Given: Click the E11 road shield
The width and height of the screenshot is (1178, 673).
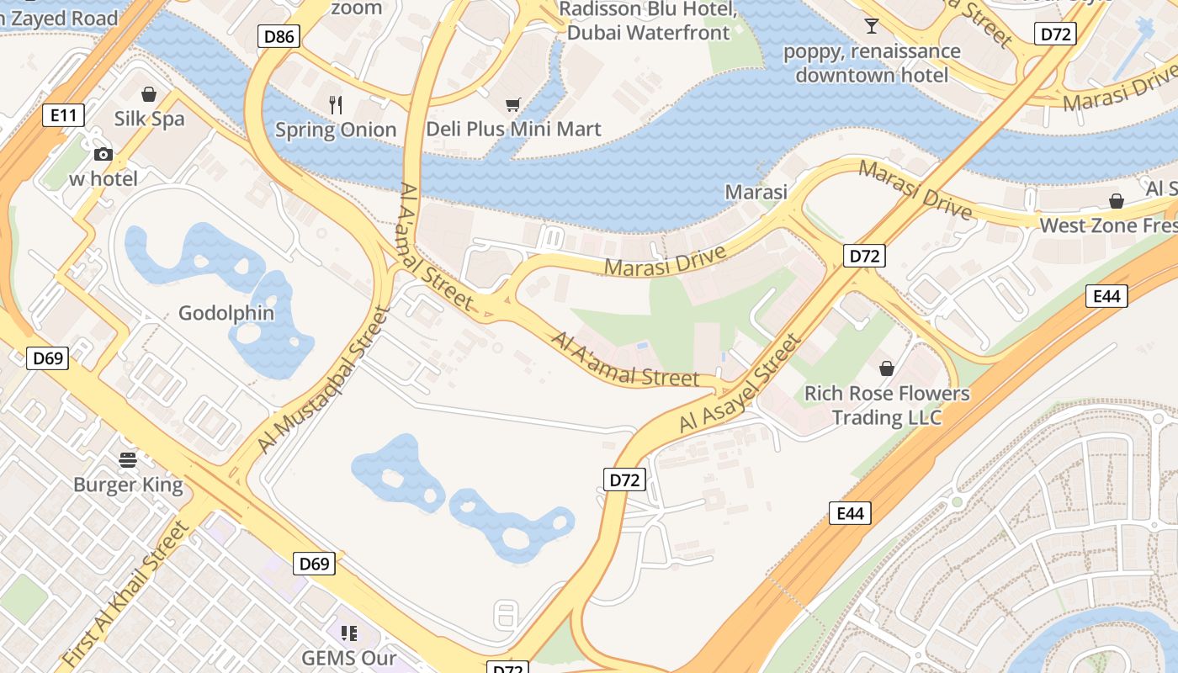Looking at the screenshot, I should point(63,115).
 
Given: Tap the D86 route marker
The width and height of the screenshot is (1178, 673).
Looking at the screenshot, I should point(279,36).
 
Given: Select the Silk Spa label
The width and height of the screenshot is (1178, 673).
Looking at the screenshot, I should point(149,119).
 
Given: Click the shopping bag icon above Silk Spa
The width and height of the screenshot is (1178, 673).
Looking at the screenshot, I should point(149,93).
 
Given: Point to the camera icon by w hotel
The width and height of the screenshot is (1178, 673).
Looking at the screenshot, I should point(103,154).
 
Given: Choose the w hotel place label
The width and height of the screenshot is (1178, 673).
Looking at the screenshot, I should point(103,178).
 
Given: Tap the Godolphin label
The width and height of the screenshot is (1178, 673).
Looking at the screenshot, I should point(226,313).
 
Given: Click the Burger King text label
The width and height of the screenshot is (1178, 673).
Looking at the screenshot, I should point(128,485).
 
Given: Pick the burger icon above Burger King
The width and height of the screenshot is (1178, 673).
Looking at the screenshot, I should point(128,459).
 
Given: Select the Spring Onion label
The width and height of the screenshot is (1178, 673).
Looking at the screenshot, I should point(336,130).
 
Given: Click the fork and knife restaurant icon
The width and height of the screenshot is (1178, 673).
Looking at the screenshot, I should point(336,104).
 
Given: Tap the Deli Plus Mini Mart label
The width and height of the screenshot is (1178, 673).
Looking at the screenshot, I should point(513,129).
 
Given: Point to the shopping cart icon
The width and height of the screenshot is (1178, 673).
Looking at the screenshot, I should point(512,104).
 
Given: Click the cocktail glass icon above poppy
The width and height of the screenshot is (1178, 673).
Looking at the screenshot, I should point(871,26).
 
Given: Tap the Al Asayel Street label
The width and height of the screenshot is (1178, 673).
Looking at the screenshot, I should point(740,384).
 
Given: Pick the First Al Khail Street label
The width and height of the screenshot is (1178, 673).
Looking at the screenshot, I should point(125,594).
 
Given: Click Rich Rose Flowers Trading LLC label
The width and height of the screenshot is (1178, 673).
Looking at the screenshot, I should point(887,405).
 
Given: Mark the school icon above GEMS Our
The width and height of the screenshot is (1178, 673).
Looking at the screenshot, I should point(349,633).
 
